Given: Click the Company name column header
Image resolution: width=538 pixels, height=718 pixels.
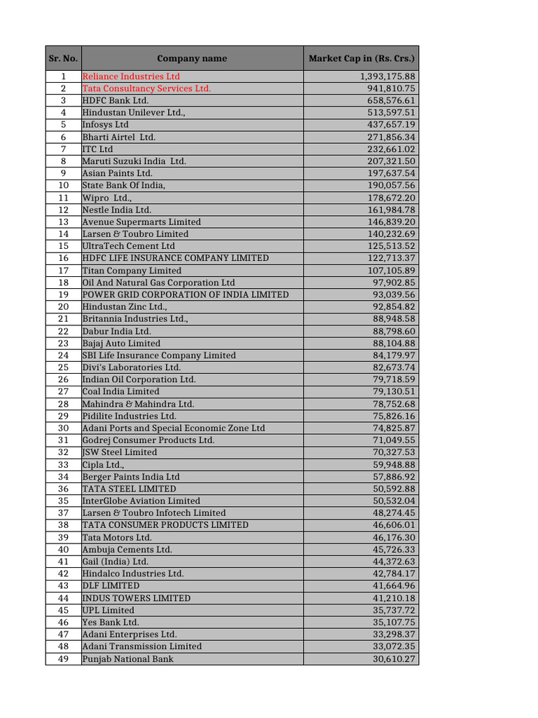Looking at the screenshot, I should coord(191,58).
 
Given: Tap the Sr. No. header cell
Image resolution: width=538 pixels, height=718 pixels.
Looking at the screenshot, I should coord(63,58).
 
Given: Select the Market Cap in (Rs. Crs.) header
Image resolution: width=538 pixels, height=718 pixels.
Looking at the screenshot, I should coord(361,58).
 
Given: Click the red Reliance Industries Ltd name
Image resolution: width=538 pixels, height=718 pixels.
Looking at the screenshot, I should coord(131,76).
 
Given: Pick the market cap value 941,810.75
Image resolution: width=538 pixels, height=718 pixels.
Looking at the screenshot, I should coord(391,88).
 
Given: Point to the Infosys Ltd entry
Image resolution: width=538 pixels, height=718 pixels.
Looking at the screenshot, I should coord(106,125).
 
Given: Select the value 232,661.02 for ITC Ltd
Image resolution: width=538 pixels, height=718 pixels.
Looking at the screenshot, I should coord(391,149).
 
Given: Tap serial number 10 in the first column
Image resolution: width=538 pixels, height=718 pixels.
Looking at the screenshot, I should coord(63,185).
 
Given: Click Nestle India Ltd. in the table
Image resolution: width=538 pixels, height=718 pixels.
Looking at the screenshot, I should coord(116,210).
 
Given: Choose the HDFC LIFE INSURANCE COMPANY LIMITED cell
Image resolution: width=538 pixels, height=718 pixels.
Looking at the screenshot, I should coord(175,258).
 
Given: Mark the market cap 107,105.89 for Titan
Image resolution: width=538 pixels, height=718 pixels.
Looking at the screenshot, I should coord(391,271).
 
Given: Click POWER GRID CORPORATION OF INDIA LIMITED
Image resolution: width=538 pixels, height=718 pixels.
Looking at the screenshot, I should coord(185,294).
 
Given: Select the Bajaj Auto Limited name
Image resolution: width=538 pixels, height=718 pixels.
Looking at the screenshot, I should coord(121,343).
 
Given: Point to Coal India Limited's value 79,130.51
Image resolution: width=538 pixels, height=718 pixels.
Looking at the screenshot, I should coord(394,391).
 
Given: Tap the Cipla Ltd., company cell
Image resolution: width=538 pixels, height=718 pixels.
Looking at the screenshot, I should coord(104,464).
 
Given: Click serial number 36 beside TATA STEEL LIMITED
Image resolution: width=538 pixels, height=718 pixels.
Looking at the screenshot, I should coord(63,489).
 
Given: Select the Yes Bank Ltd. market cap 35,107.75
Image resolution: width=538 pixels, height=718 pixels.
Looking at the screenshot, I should coord(394,622).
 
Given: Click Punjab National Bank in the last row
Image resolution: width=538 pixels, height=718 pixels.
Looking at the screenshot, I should coord(127,658).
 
